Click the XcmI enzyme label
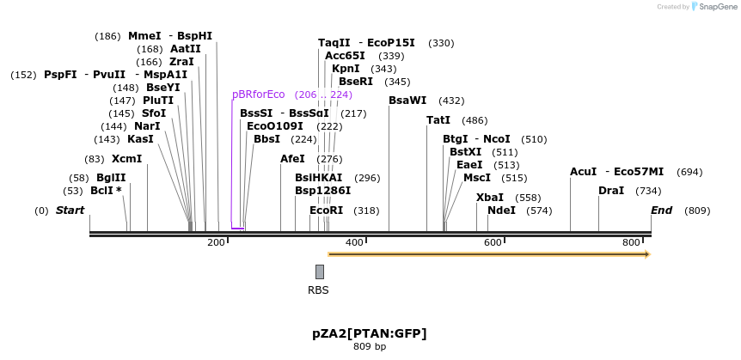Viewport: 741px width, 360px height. (x=126, y=159)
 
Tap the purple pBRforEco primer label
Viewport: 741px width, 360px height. (x=258, y=95)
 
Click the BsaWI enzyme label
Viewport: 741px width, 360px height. (x=407, y=101)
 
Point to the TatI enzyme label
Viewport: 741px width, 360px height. (x=438, y=120)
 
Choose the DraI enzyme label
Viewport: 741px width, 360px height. (x=611, y=191)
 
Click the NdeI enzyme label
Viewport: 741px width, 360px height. (x=501, y=211)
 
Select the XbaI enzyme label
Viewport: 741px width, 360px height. (x=490, y=198)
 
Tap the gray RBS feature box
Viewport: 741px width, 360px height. (x=320, y=272)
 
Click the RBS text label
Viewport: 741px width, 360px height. (x=318, y=290)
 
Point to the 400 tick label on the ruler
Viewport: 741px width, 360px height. (x=354, y=243)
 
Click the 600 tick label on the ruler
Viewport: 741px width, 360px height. (x=493, y=243)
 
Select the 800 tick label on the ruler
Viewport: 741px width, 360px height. (x=632, y=243)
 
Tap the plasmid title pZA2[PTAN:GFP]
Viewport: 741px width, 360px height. (x=370, y=333)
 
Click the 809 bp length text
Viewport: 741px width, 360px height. (x=370, y=347)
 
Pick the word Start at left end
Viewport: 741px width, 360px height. (x=70, y=211)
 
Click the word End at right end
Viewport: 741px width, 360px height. (x=661, y=211)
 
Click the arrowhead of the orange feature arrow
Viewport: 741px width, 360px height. (x=647, y=254)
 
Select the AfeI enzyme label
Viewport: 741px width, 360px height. (x=292, y=159)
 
